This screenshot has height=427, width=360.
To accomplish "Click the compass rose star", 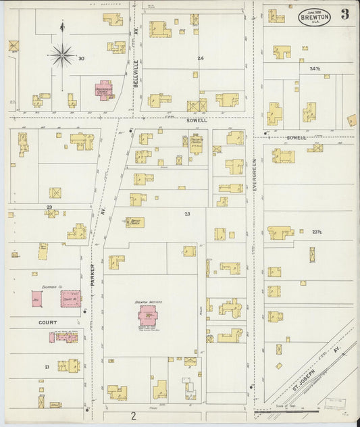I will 62,53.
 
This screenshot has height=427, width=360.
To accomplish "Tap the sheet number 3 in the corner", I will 344,14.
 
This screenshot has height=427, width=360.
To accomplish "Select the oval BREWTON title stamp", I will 314,16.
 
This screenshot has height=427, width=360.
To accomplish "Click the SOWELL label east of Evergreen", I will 296,138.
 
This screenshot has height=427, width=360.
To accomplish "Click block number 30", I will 81,59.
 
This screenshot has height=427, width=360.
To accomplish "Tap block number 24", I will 200,59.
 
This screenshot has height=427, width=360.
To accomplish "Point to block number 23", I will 187,214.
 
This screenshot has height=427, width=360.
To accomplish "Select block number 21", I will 47,367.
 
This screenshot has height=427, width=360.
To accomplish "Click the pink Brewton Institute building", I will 147,315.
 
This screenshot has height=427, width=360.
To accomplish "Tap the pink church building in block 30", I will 104,90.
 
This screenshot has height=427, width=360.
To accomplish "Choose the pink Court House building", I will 70,298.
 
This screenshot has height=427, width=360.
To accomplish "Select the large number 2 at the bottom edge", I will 134,415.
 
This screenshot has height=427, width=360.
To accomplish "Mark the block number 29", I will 49,207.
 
